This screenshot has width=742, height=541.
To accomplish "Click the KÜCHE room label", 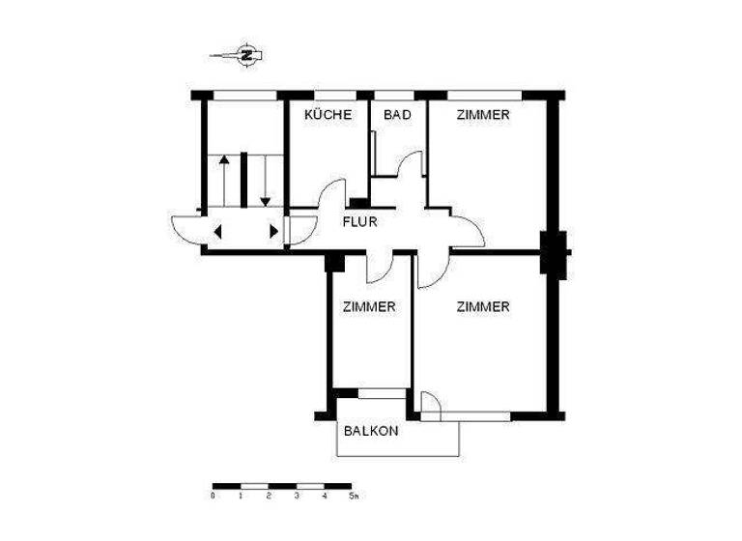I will [x=328, y=115].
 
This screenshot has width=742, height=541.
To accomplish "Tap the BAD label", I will [x=397, y=115].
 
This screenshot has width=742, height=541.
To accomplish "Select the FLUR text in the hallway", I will [x=359, y=221].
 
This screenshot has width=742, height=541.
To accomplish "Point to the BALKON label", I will [x=371, y=432].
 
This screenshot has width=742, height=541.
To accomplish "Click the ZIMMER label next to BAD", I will [x=483, y=115].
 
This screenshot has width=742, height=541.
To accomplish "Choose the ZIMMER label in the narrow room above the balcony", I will [x=369, y=307].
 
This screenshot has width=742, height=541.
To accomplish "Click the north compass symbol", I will [x=246, y=54].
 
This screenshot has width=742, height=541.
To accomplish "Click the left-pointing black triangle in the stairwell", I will [x=216, y=231].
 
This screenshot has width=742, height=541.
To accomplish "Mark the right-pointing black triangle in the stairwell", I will [x=274, y=231].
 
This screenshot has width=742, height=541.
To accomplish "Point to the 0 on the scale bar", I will [x=213, y=496].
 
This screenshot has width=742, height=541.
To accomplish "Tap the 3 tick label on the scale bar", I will [x=297, y=496].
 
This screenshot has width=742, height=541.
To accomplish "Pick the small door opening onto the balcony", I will [x=431, y=407].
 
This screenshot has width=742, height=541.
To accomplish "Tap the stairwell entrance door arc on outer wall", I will [x=185, y=229].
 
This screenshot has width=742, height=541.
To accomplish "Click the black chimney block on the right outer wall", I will [x=555, y=253].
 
